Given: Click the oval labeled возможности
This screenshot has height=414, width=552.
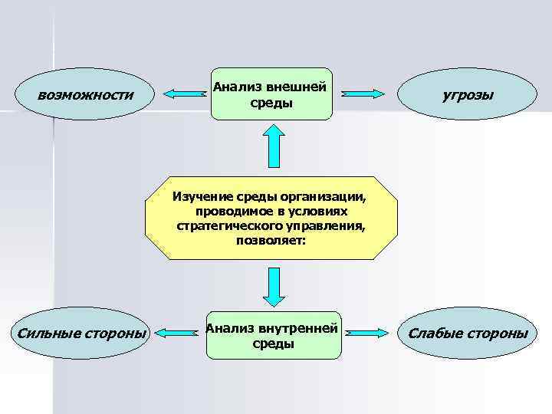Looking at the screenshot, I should point(85,95).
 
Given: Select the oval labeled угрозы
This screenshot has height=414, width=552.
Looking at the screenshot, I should point(468,95).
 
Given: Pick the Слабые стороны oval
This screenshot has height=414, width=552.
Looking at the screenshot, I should point(468,333).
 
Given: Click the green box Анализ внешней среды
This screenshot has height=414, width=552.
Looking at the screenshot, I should point(272,95).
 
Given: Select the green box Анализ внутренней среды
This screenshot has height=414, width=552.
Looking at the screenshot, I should point(272,336).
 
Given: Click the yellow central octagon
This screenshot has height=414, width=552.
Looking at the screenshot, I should point(271,219).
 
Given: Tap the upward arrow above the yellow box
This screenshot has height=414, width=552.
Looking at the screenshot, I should point(272,146).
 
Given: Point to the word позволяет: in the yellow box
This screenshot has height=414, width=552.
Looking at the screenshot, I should point(271,241).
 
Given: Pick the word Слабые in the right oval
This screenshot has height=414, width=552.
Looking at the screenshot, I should point(434,333).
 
